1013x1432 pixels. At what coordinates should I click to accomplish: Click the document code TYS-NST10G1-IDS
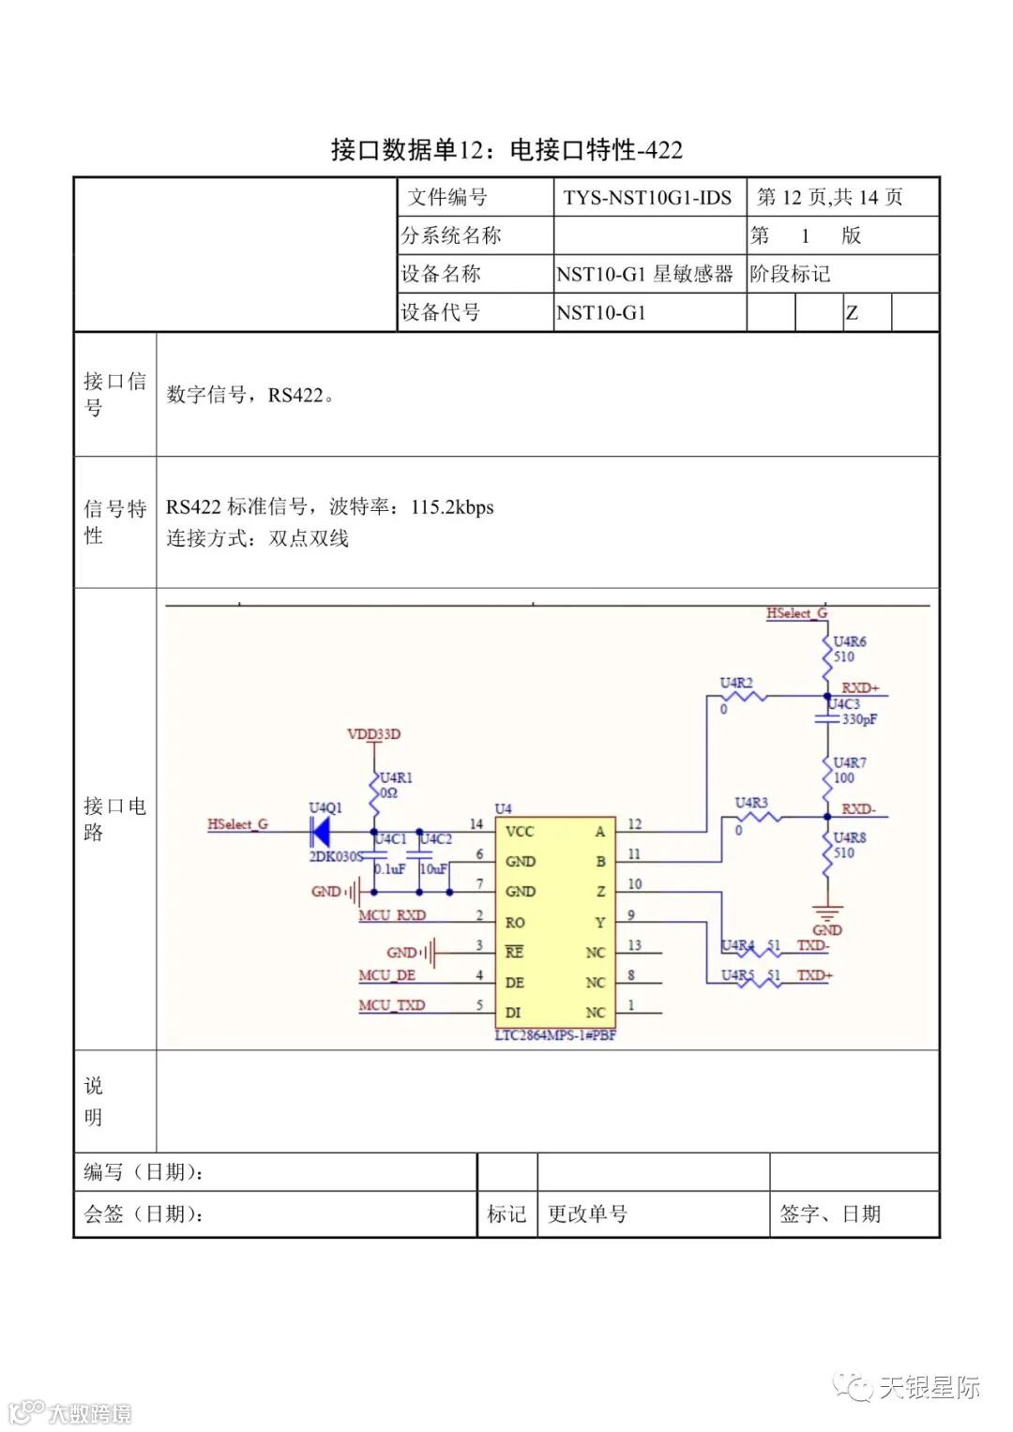tap(647, 198)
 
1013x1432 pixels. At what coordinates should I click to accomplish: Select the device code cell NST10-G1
tap(601, 312)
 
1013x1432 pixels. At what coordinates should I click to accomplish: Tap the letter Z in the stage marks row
tap(852, 313)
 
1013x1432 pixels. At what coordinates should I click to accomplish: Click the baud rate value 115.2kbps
tap(452, 507)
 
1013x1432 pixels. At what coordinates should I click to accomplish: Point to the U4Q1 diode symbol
tap(321, 832)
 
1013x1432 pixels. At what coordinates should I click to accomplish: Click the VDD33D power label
tap(373, 733)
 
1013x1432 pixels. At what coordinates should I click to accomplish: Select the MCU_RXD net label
tap(392, 914)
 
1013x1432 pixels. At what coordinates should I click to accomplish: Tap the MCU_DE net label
tap(386, 975)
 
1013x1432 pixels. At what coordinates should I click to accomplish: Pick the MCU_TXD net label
tap(391, 1005)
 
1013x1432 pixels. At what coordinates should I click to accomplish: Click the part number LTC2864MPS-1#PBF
tap(555, 1035)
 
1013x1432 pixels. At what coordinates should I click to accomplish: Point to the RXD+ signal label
tap(860, 687)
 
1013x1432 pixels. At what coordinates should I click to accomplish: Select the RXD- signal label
tap(858, 808)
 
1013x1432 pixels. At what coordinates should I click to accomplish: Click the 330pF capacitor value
tap(859, 719)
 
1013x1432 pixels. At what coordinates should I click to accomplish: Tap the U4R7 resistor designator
tap(850, 762)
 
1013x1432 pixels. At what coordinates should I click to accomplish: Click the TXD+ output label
tap(814, 975)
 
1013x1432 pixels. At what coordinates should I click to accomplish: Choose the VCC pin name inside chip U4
tap(519, 831)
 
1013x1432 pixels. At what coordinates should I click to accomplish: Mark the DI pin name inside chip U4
tap(512, 1013)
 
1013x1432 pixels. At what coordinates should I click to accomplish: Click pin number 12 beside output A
tap(634, 824)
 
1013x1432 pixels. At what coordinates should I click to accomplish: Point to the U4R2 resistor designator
tap(736, 683)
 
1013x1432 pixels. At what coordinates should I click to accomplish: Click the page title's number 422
tap(665, 150)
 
